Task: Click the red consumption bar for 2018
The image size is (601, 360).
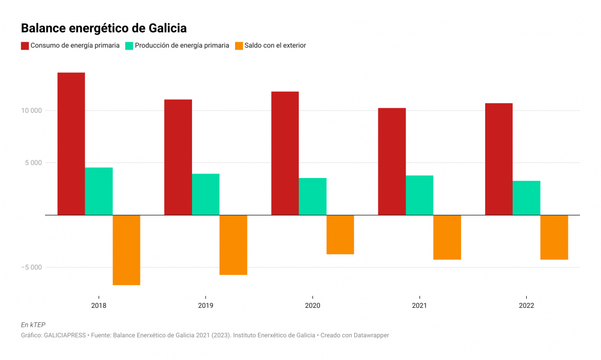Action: (x=71, y=143)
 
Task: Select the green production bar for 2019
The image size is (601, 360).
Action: (x=206, y=194)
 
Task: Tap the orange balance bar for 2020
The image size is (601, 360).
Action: (x=340, y=234)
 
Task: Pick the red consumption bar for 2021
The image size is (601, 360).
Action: (x=392, y=161)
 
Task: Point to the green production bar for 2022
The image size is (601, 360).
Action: (x=526, y=198)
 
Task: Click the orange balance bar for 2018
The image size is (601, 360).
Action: (x=126, y=250)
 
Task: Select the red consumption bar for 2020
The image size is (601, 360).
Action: (x=285, y=153)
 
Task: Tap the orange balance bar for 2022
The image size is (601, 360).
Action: (x=554, y=237)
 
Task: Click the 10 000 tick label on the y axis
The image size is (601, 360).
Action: (x=32, y=111)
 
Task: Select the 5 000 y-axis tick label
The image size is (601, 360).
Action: (x=34, y=163)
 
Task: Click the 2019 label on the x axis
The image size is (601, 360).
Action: (x=206, y=305)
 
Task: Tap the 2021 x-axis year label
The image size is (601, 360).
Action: (x=420, y=305)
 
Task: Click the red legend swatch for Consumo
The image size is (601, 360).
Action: (x=25, y=46)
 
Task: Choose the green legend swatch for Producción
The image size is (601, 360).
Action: (x=129, y=46)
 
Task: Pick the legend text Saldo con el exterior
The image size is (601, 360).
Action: (x=275, y=46)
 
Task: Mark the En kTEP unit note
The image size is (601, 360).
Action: (x=33, y=325)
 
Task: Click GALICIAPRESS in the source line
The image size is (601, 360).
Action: (x=67, y=335)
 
